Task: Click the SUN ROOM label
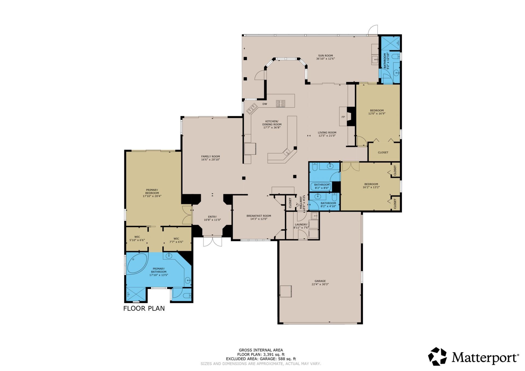click(x=325, y=55)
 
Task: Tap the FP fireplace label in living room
click(x=343, y=117)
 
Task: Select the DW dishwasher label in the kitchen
click(x=264, y=104)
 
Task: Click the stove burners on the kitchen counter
click(x=280, y=104)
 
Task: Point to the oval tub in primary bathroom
click(x=137, y=263)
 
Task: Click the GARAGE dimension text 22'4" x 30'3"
click(x=320, y=284)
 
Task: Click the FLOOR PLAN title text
click(x=144, y=308)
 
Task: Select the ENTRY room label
click(x=212, y=217)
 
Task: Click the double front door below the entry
click(x=212, y=242)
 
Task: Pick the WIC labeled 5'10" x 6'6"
click(x=137, y=239)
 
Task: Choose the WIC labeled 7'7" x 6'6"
click(x=176, y=240)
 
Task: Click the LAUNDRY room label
click(x=301, y=224)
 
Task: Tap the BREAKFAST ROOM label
click(x=259, y=216)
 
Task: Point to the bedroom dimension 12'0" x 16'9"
click(x=377, y=113)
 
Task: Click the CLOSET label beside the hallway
click(x=290, y=203)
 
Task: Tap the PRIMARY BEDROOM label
click(x=152, y=191)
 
